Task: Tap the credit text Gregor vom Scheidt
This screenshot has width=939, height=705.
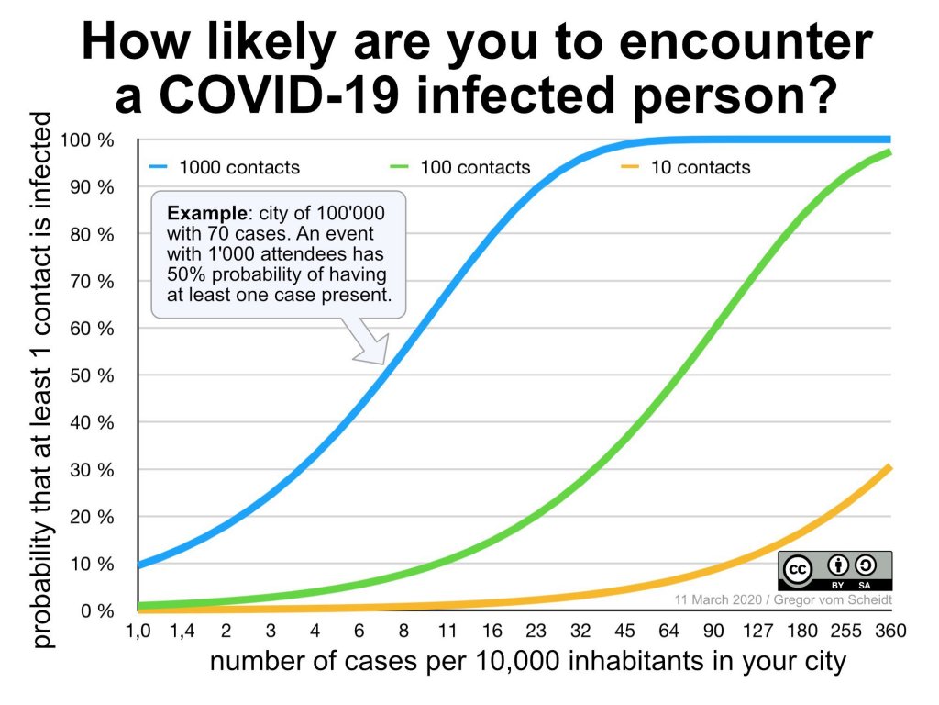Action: [840, 599]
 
